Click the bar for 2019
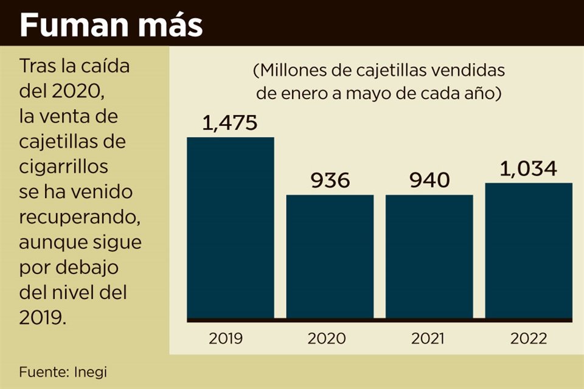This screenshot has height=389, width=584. tap(230, 228)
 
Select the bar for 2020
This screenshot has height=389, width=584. tap(330, 256)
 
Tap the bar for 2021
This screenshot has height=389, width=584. tap(429, 256)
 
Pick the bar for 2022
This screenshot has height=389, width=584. tap(528, 250)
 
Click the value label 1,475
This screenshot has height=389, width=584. tap(230, 123)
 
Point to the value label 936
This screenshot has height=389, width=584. tap(330, 181)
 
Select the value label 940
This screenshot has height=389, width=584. tap(429, 181)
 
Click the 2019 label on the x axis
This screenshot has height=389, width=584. tap(226, 339)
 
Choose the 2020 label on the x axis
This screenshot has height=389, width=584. tap(327, 339)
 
